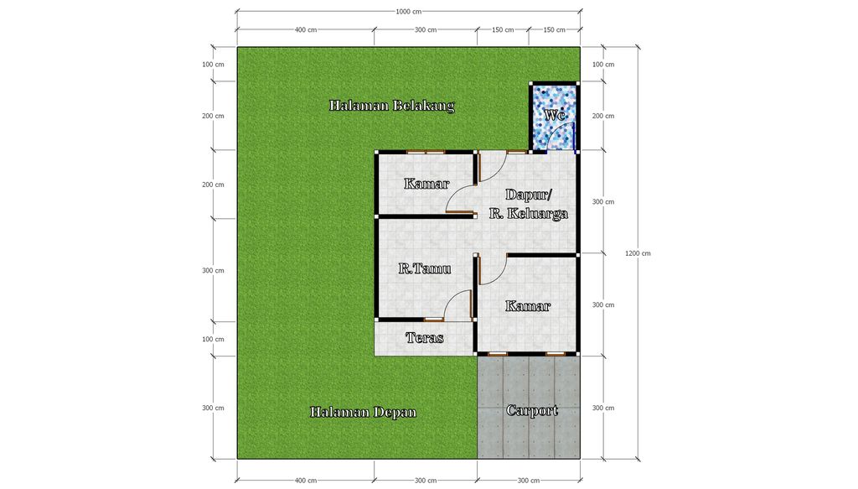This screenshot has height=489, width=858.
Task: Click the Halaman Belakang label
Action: coord(391,106)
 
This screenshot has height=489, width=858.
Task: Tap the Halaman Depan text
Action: coord(362,412)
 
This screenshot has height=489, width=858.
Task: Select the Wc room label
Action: coord(554,115)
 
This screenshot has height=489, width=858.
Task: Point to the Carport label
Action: coord(531,410)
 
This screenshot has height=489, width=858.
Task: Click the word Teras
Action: coord(424,337)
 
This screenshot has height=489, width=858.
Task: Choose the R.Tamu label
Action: coord(424,268)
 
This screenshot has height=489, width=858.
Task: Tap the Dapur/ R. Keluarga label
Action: coord(529,204)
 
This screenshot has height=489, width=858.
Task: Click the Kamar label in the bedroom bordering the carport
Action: coord(528,306)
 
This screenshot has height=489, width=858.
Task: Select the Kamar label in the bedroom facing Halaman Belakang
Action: coord(426,184)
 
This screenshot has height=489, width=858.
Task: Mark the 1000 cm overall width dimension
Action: coord(409,11)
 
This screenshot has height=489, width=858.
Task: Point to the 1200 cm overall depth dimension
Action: coord(637,252)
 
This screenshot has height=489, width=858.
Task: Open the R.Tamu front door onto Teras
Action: coord(459,304)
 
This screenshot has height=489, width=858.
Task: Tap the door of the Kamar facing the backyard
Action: coord(461,200)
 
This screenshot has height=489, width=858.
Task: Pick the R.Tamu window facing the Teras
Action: coord(433,320)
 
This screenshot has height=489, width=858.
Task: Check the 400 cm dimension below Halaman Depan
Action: coord(306,480)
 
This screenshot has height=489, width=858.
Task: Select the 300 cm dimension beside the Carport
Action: coord(602,408)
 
